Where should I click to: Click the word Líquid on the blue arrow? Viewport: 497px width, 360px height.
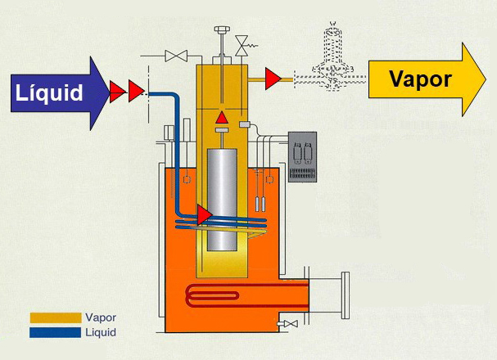pos(49,92)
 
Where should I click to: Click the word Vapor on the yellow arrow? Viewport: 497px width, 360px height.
pos(419,79)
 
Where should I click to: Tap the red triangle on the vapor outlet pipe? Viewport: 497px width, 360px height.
pos(273,79)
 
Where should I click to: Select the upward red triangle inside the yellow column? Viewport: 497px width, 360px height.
pos(221,119)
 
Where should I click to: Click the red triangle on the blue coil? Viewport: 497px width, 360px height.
pos(205,215)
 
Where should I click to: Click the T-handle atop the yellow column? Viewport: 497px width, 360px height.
pos(222,33)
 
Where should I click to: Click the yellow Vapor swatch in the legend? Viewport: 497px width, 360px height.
pos(55,317)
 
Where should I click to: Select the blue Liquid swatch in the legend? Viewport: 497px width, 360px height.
pos(55,332)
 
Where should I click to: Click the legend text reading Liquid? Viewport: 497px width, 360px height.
pos(101,332)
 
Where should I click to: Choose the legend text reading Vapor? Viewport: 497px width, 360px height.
pos(100,317)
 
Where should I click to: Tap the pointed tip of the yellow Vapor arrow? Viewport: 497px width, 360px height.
pos(486,79)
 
